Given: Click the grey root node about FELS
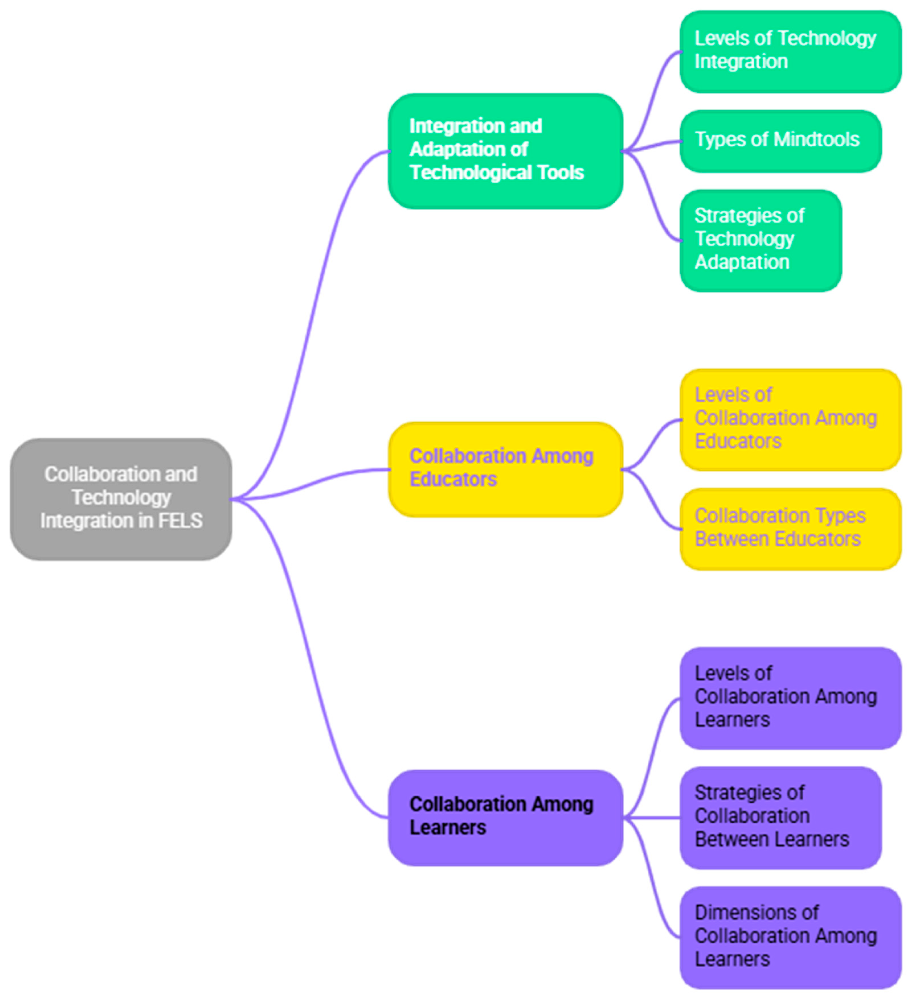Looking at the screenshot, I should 121,499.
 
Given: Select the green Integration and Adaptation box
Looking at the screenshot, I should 505,151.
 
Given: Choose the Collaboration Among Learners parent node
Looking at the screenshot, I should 505,818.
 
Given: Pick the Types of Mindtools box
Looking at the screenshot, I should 780,141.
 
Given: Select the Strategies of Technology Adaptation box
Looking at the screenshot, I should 760,240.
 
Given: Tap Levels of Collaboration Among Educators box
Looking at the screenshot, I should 790,420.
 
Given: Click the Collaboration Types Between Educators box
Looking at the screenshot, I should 790,529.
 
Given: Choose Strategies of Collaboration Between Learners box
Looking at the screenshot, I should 780,818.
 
